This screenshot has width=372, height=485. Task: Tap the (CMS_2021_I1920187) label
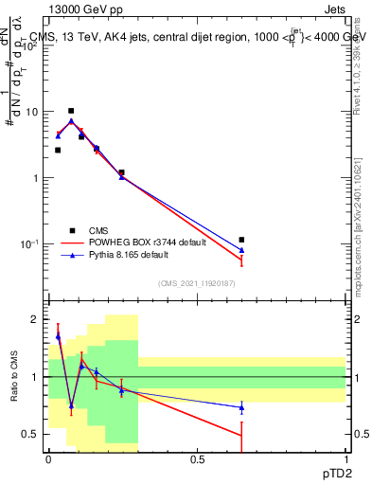pyautogui.click(x=197, y=283)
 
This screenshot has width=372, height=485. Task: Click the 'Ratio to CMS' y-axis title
pyautogui.click(x=14, y=377)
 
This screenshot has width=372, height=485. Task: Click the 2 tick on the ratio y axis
pyautogui.click(x=36, y=319)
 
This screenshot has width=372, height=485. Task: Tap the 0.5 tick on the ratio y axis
pyautogui.click(x=31, y=434)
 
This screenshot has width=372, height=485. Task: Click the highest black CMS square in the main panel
pyautogui.click(x=70, y=111)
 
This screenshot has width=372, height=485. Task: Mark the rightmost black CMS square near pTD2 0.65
pyautogui.click(x=241, y=240)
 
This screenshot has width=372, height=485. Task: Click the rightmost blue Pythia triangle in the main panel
pyautogui.click(x=241, y=250)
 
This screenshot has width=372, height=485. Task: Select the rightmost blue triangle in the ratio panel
pyautogui.click(x=241, y=407)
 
